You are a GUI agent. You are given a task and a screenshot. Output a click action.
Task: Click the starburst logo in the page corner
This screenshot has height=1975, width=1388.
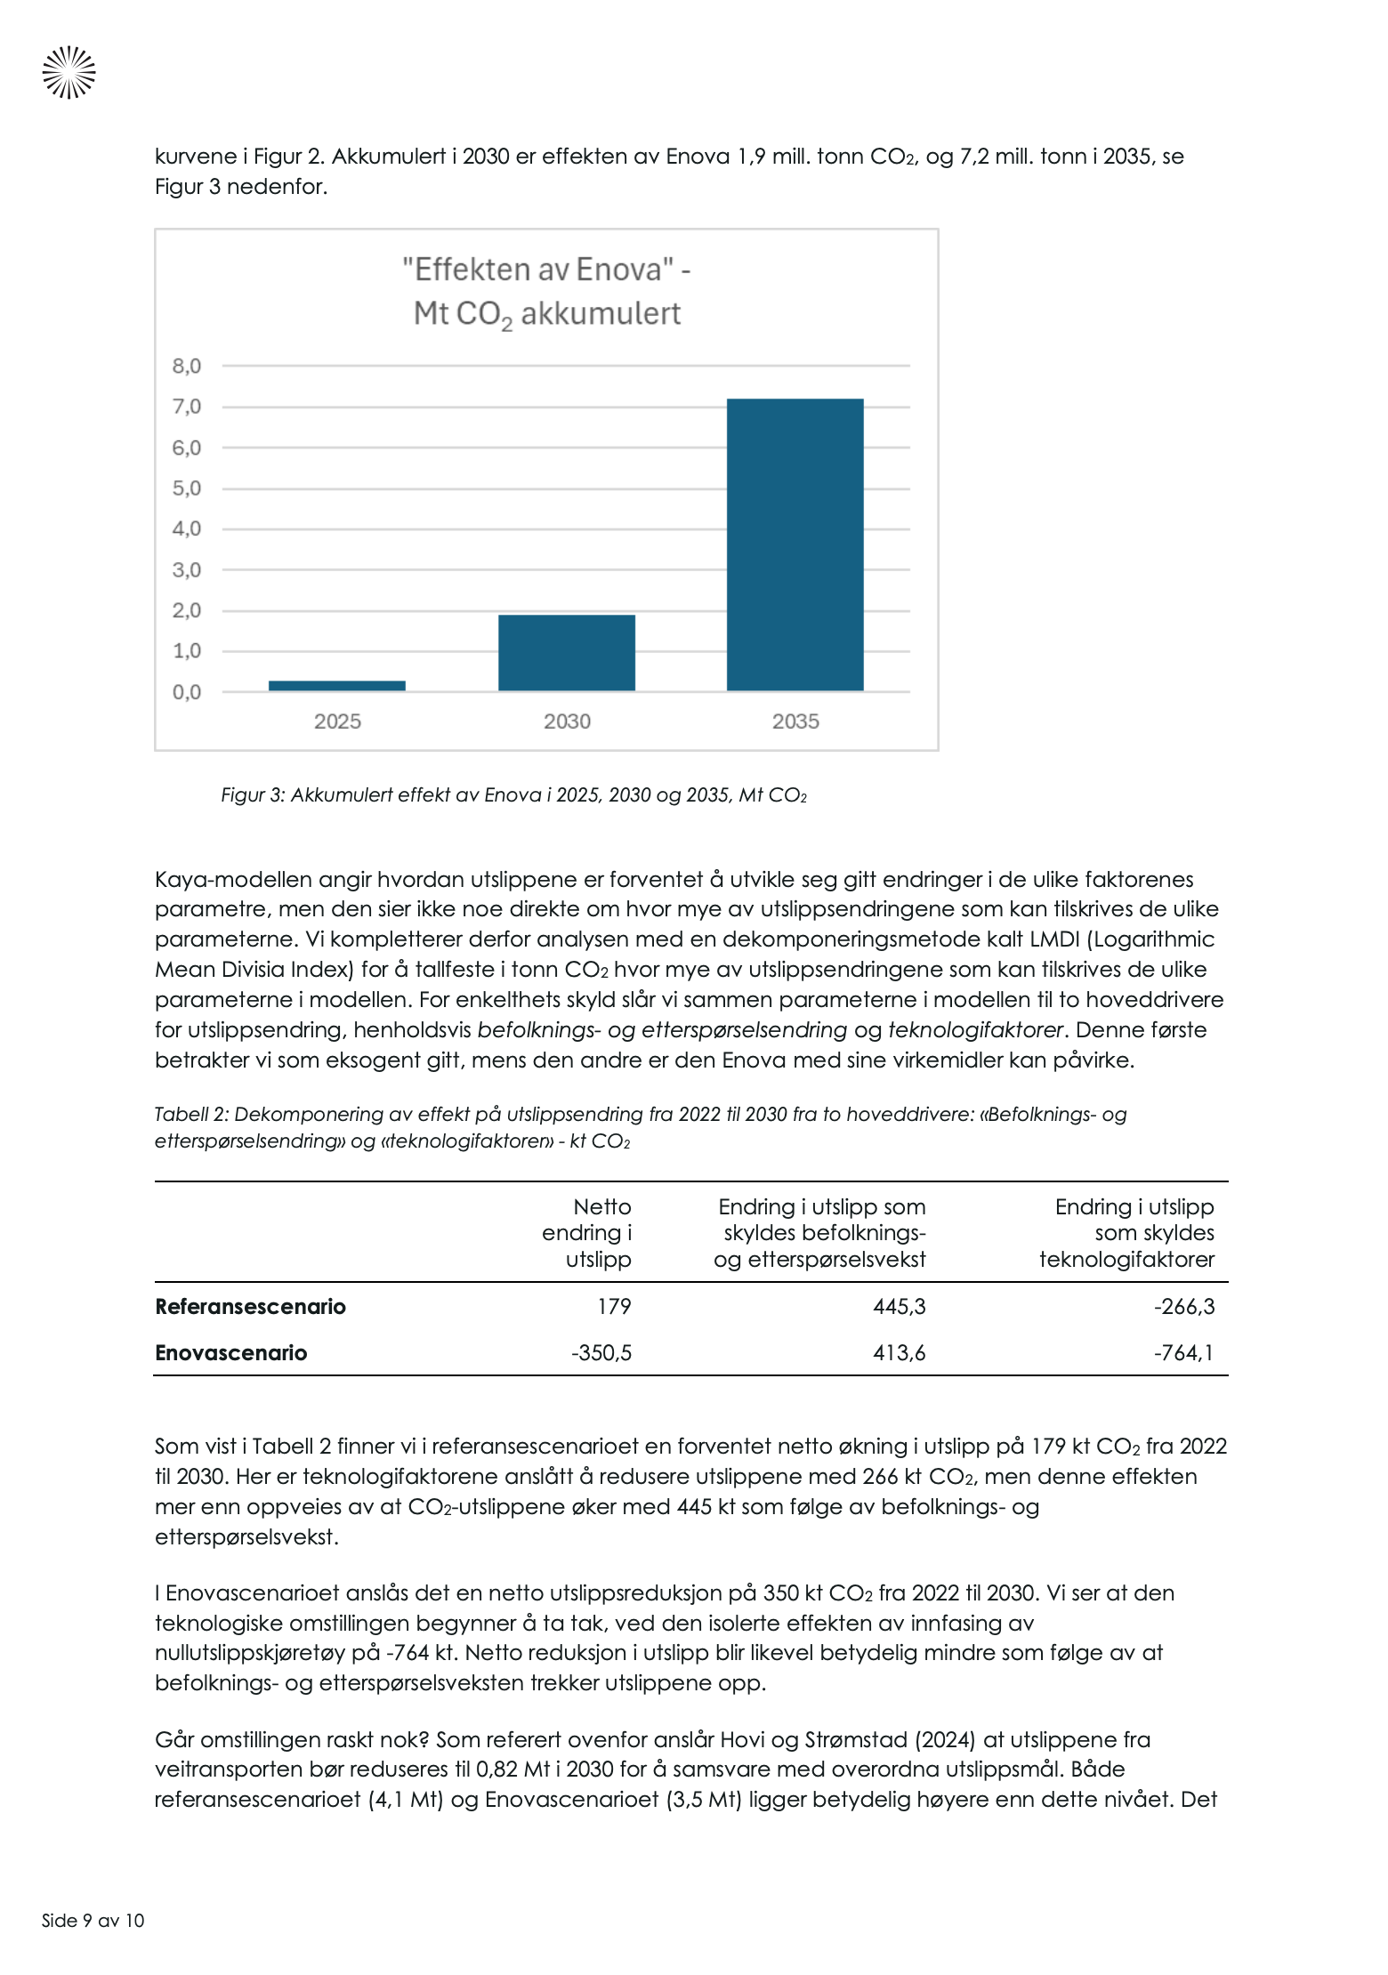coord(69,72)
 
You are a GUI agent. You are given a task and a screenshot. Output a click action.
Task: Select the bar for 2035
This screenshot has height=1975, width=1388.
coord(795,544)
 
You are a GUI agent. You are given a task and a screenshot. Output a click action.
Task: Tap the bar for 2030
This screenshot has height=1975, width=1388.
coord(566,652)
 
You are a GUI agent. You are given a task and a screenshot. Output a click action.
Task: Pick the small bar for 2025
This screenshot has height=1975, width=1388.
coord(337,685)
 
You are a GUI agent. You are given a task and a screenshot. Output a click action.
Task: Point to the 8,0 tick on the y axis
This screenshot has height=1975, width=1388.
coord(187,366)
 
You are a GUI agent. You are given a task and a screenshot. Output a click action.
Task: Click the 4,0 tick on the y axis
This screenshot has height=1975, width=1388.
coord(187,528)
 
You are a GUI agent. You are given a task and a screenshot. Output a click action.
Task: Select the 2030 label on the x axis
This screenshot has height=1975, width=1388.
coord(567,721)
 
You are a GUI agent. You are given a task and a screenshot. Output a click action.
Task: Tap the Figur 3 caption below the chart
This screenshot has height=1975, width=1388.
coord(513,795)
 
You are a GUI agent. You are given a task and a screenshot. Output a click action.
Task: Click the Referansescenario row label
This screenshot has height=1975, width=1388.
coord(250,1306)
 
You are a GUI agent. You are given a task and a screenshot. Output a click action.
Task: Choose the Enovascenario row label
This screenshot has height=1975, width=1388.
coord(230,1352)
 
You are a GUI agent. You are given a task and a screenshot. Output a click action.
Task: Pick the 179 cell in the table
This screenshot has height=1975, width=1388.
coord(614,1306)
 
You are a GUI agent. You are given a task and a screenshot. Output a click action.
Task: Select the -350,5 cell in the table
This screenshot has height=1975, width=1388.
coord(601,1352)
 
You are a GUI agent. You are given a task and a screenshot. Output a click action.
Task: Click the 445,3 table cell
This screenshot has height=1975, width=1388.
coord(899,1306)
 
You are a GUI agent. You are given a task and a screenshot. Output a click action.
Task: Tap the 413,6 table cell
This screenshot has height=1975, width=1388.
coord(899,1352)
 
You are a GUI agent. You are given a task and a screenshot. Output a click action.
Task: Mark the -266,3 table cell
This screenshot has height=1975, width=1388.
coord(1183,1306)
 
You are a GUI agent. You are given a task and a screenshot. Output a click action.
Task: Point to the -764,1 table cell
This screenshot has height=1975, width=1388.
coord(1183,1352)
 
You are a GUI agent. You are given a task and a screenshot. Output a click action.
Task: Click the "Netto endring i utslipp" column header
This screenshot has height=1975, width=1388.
coord(587,1232)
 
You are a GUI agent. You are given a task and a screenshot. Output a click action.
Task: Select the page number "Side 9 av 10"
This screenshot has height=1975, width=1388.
coord(93,1920)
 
